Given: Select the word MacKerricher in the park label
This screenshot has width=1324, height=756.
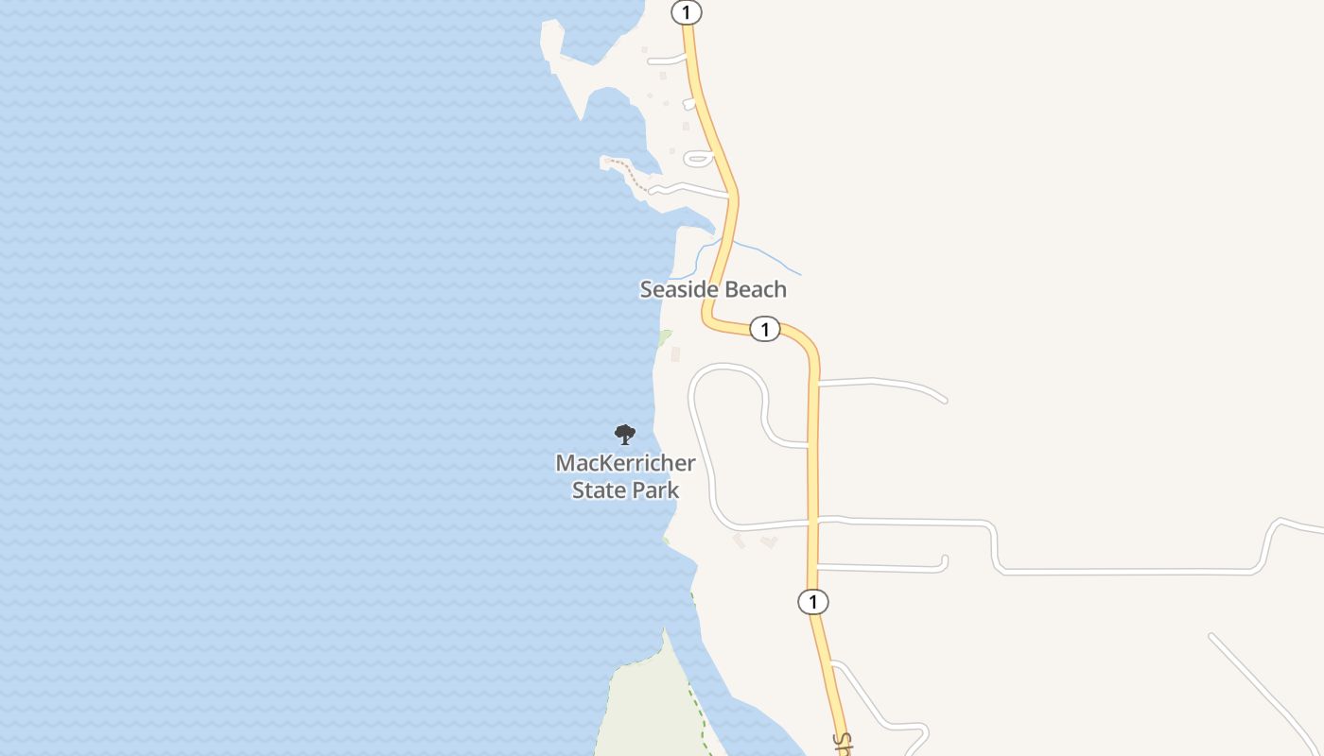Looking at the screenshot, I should (x=625, y=464).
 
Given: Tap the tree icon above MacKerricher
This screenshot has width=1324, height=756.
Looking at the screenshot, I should (x=624, y=435).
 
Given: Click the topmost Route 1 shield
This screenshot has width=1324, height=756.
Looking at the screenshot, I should (x=687, y=12).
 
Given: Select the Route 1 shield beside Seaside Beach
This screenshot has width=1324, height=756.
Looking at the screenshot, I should (x=764, y=329).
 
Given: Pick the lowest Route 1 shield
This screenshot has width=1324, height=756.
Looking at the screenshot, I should (x=812, y=601).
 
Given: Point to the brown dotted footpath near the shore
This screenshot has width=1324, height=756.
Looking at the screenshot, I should (x=628, y=173).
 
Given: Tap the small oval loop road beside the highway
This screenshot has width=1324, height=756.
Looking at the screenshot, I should (x=698, y=158).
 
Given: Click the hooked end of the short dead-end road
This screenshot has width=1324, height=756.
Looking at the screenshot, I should (x=943, y=563).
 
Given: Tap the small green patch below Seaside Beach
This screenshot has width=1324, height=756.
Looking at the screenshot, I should (x=665, y=336).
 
